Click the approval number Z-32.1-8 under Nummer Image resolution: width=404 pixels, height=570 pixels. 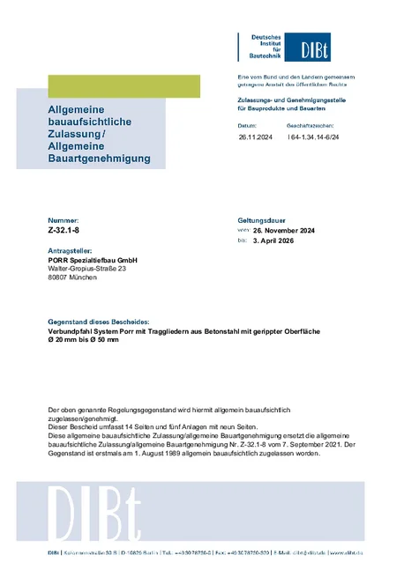click(64, 227)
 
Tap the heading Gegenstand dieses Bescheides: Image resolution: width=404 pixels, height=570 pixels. click(99, 322)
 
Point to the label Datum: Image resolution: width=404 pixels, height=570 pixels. click(247, 126)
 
